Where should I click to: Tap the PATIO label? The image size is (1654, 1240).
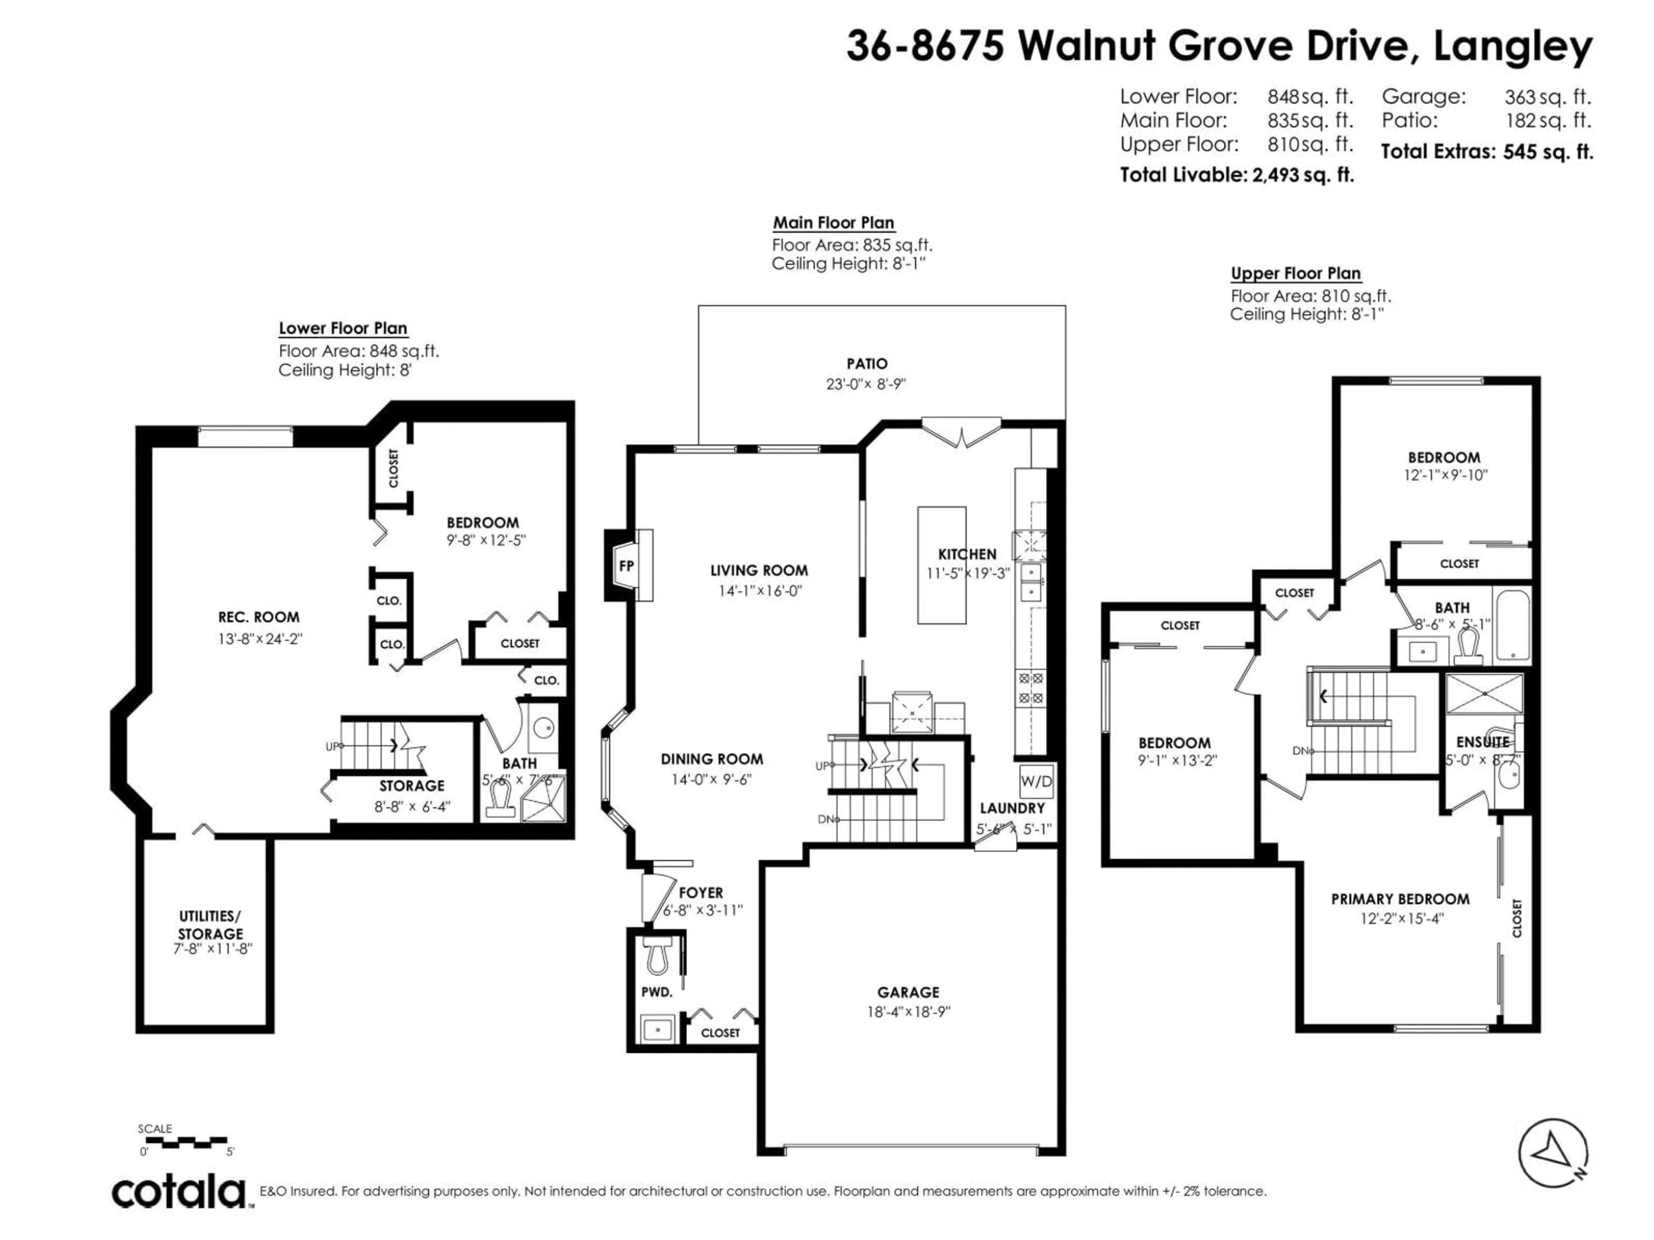pyautogui.click(x=867, y=364)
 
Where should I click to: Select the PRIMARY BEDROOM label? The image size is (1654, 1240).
pyautogui.click(x=1400, y=899)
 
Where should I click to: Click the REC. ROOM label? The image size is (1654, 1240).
pyautogui.click(x=259, y=617)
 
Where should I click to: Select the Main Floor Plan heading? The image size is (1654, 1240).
pyautogui.click(x=833, y=223)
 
